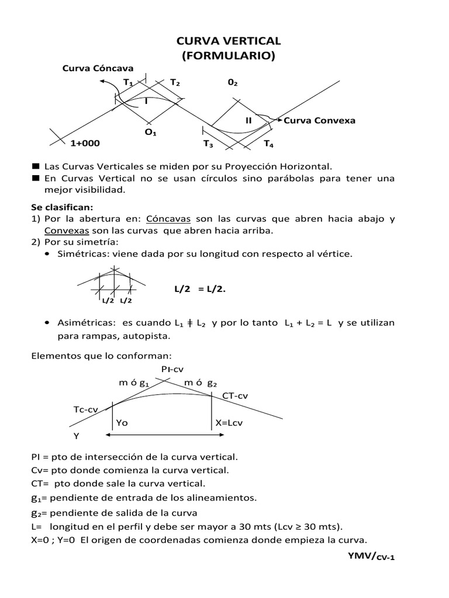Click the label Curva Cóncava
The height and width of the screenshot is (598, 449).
(x=98, y=68)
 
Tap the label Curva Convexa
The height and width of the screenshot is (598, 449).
(x=319, y=120)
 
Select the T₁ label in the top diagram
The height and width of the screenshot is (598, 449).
(x=127, y=83)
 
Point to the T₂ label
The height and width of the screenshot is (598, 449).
(x=175, y=83)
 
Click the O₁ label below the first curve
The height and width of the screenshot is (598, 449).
(x=150, y=133)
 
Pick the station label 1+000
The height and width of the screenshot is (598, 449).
(x=85, y=143)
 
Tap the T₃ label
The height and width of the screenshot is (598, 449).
(x=208, y=144)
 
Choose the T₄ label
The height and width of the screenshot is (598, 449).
(x=268, y=144)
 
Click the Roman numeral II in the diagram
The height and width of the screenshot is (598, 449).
(x=248, y=120)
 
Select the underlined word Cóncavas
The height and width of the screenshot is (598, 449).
(x=168, y=219)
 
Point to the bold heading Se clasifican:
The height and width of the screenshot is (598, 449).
(x=63, y=207)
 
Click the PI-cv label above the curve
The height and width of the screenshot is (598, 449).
(x=173, y=369)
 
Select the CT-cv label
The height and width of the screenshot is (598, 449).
(x=235, y=396)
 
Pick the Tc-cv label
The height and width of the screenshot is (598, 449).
(x=85, y=409)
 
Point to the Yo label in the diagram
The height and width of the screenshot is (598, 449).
(x=122, y=422)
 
